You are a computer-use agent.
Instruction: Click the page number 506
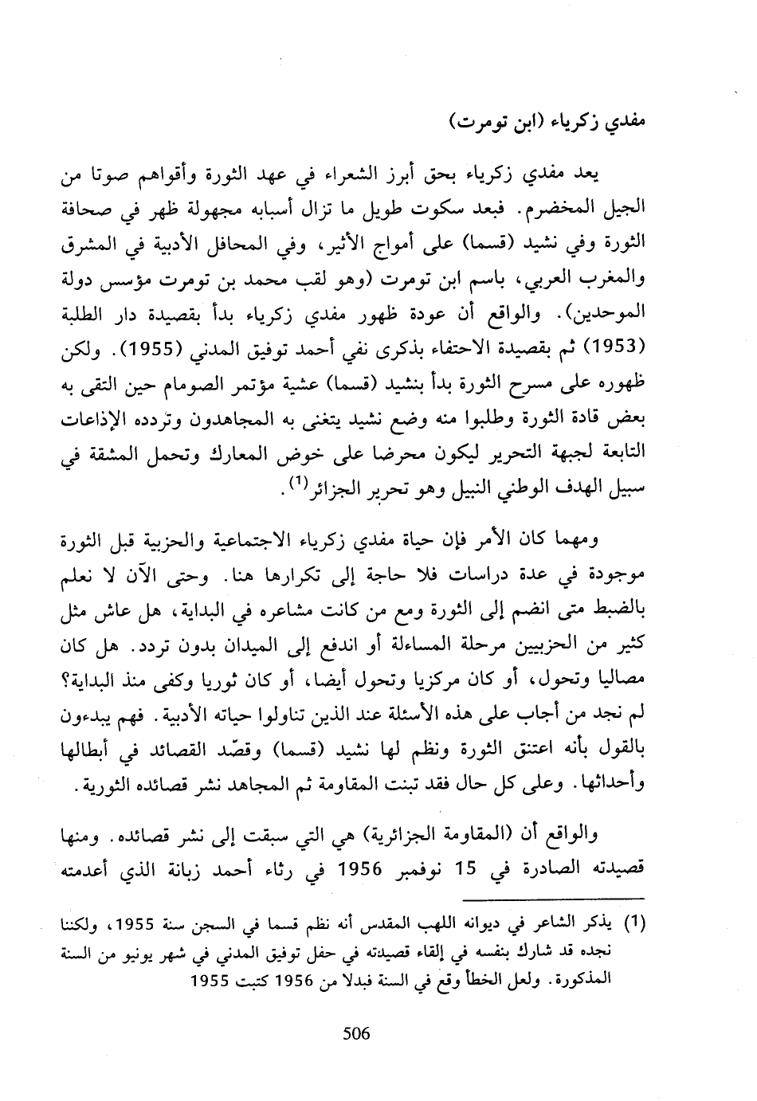356,1033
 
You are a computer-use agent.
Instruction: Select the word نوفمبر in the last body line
414,868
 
